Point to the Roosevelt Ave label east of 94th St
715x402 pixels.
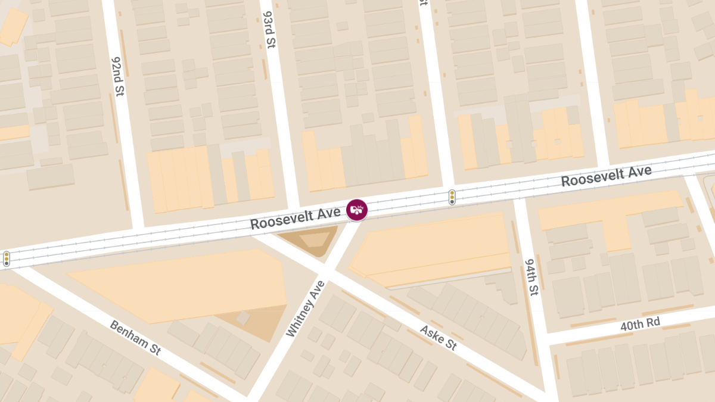coord(606,176)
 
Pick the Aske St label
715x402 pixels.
coord(438,338)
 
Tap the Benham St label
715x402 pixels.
coord(135,338)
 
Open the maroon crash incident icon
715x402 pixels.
coord(357,209)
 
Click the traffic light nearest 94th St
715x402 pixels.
coord(452,197)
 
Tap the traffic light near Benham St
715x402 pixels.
coord(7,258)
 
